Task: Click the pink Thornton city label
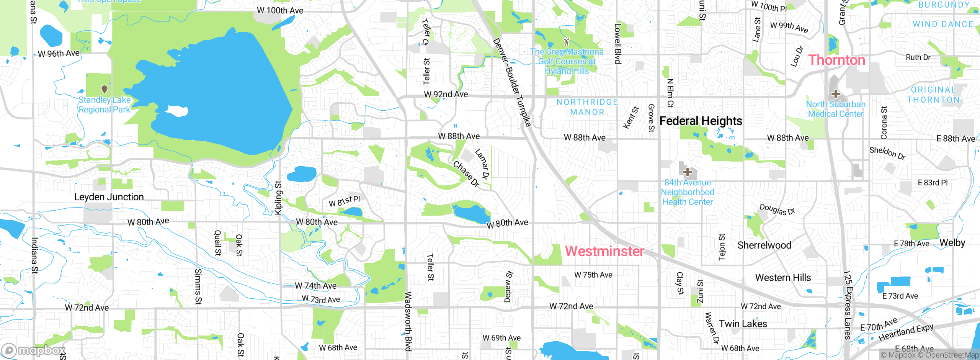pos(836,60)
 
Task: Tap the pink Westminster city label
pos(604,251)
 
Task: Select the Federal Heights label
pos(701,121)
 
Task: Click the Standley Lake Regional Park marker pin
pos(104,89)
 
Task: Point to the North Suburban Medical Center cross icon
pos(835,94)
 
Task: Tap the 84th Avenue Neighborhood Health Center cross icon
pos(688,172)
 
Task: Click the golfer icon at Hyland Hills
pos(567,41)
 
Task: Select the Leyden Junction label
pos(109,197)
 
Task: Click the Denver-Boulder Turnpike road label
pos(512,82)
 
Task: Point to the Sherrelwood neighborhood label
pos(764,245)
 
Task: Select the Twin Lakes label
pos(743,324)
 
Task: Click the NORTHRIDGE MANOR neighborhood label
pos(587,107)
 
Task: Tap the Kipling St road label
pos(278,198)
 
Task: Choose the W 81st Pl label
pos(344,201)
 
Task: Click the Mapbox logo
pos(34,350)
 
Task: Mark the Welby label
pos(952,243)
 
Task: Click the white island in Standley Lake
pos(177,111)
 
